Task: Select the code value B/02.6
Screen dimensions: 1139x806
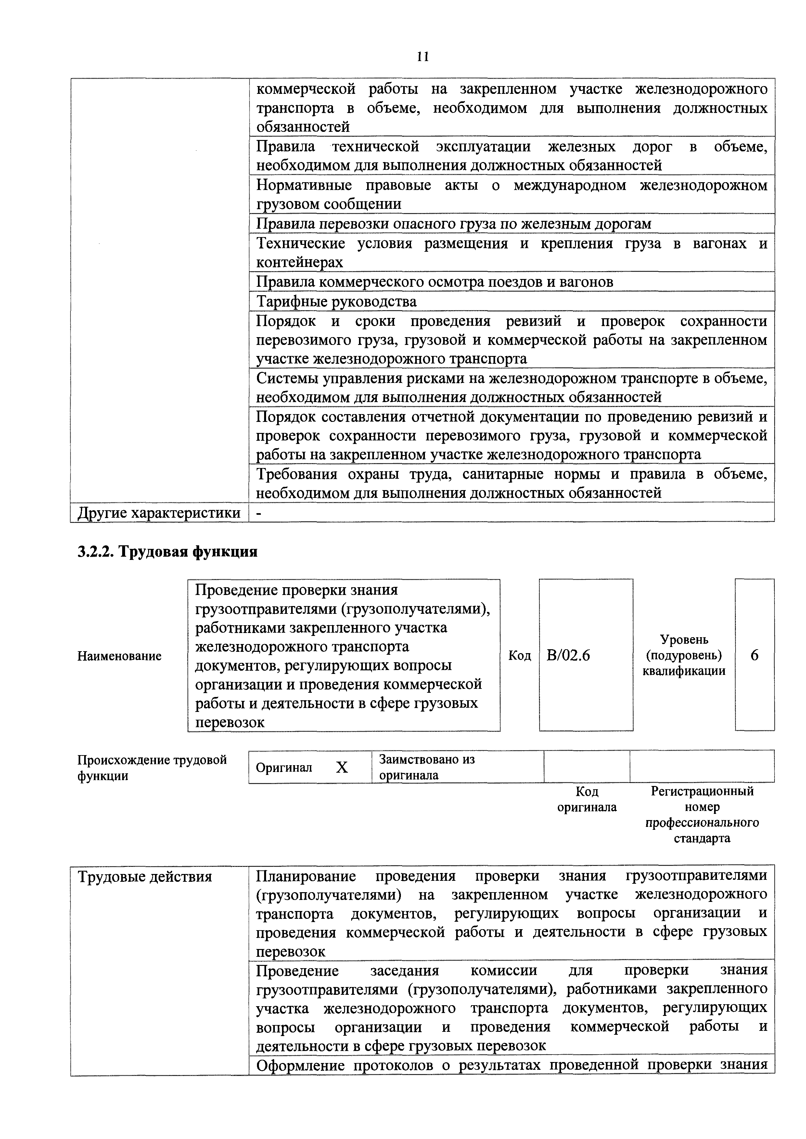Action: [x=568, y=655]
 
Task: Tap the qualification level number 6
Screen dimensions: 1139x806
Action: [x=754, y=655]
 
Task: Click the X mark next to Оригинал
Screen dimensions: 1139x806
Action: [x=342, y=767]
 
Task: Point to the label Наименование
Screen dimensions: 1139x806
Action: [x=119, y=656]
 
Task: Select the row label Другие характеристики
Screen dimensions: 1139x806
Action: [x=159, y=513]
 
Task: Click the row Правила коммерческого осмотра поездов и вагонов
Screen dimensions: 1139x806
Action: [x=434, y=282]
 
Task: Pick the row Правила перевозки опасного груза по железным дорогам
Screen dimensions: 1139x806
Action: [x=453, y=224]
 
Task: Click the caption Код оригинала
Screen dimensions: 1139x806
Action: [x=587, y=799]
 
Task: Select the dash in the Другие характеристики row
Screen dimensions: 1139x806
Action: [x=258, y=513]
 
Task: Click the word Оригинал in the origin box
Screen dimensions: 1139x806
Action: [x=284, y=767]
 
